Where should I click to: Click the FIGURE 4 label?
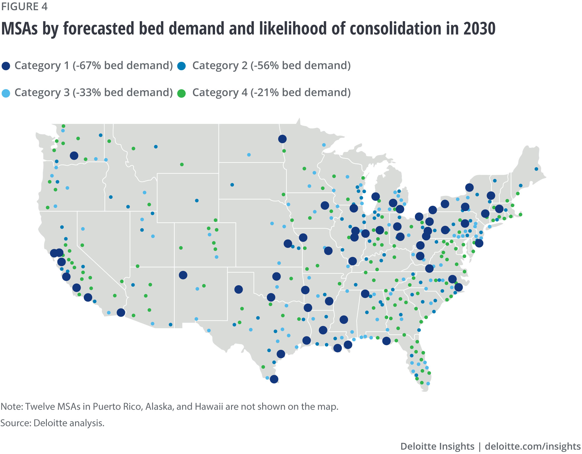tap(24, 6)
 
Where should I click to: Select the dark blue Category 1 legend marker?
tap(6, 66)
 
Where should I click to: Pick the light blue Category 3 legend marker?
tap(6, 93)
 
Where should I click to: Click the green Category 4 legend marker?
tap(182, 93)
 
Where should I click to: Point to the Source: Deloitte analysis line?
tap(52, 423)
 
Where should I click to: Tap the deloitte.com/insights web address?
tap(533, 446)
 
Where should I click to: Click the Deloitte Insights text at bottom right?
tap(437, 446)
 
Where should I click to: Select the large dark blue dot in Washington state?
tap(74, 156)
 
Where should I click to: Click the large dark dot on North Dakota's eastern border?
tap(282, 139)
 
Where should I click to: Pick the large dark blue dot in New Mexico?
tap(183, 275)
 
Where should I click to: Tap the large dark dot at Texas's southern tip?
tap(274, 379)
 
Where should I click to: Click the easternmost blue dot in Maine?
tap(536, 169)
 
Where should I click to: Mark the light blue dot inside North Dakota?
tap(249, 155)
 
